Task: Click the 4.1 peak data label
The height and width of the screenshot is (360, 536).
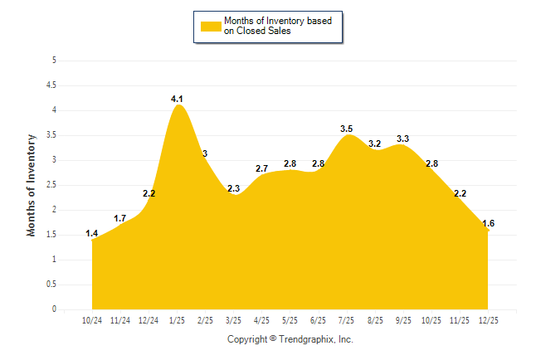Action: click(177, 100)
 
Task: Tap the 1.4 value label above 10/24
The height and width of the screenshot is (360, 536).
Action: click(92, 235)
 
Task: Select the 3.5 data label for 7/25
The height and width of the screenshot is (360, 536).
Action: click(347, 129)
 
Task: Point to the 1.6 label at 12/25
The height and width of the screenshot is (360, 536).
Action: click(488, 224)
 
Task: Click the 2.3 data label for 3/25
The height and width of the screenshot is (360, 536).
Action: click(233, 189)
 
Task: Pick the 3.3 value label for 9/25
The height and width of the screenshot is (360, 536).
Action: click(403, 139)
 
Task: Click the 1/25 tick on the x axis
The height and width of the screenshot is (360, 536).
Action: click(177, 319)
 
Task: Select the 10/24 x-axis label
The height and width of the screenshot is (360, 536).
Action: click(92, 319)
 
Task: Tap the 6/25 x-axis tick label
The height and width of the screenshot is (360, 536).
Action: click(318, 319)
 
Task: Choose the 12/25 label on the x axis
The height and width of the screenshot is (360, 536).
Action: click(488, 319)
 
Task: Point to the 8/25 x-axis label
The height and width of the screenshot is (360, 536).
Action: click(375, 319)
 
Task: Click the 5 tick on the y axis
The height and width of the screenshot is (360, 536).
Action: click(54, 61)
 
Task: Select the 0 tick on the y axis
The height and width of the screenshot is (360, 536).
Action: click(54, 309)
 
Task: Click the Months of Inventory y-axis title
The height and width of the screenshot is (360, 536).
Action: click(32, 185)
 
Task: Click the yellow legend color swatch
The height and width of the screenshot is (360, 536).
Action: click(210, 27)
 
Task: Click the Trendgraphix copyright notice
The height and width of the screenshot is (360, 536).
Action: click(290, 339)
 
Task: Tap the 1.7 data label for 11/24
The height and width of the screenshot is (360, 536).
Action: click(120, 219)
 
